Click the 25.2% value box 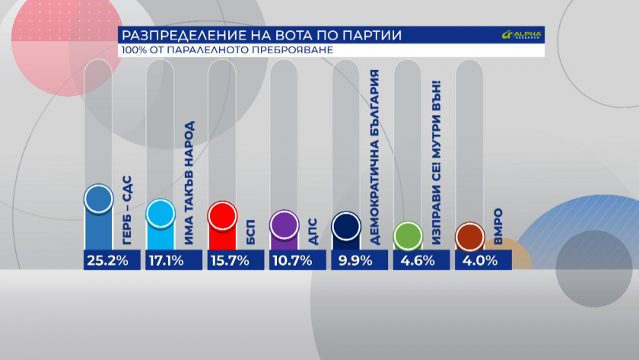coord(111,260)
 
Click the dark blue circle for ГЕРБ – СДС coord(98,199)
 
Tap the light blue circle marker coord(161,214)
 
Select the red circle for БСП coord(222,217)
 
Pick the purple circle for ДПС coord(285,225)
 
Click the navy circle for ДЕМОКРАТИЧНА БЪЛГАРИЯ coord(346,226)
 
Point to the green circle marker coord(408,236)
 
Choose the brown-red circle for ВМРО coord(469,237)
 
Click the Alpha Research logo coord(522,36)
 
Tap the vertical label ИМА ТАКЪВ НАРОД coord(189,183)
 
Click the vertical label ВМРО coord(498,226)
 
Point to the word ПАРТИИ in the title coord(371,36)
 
